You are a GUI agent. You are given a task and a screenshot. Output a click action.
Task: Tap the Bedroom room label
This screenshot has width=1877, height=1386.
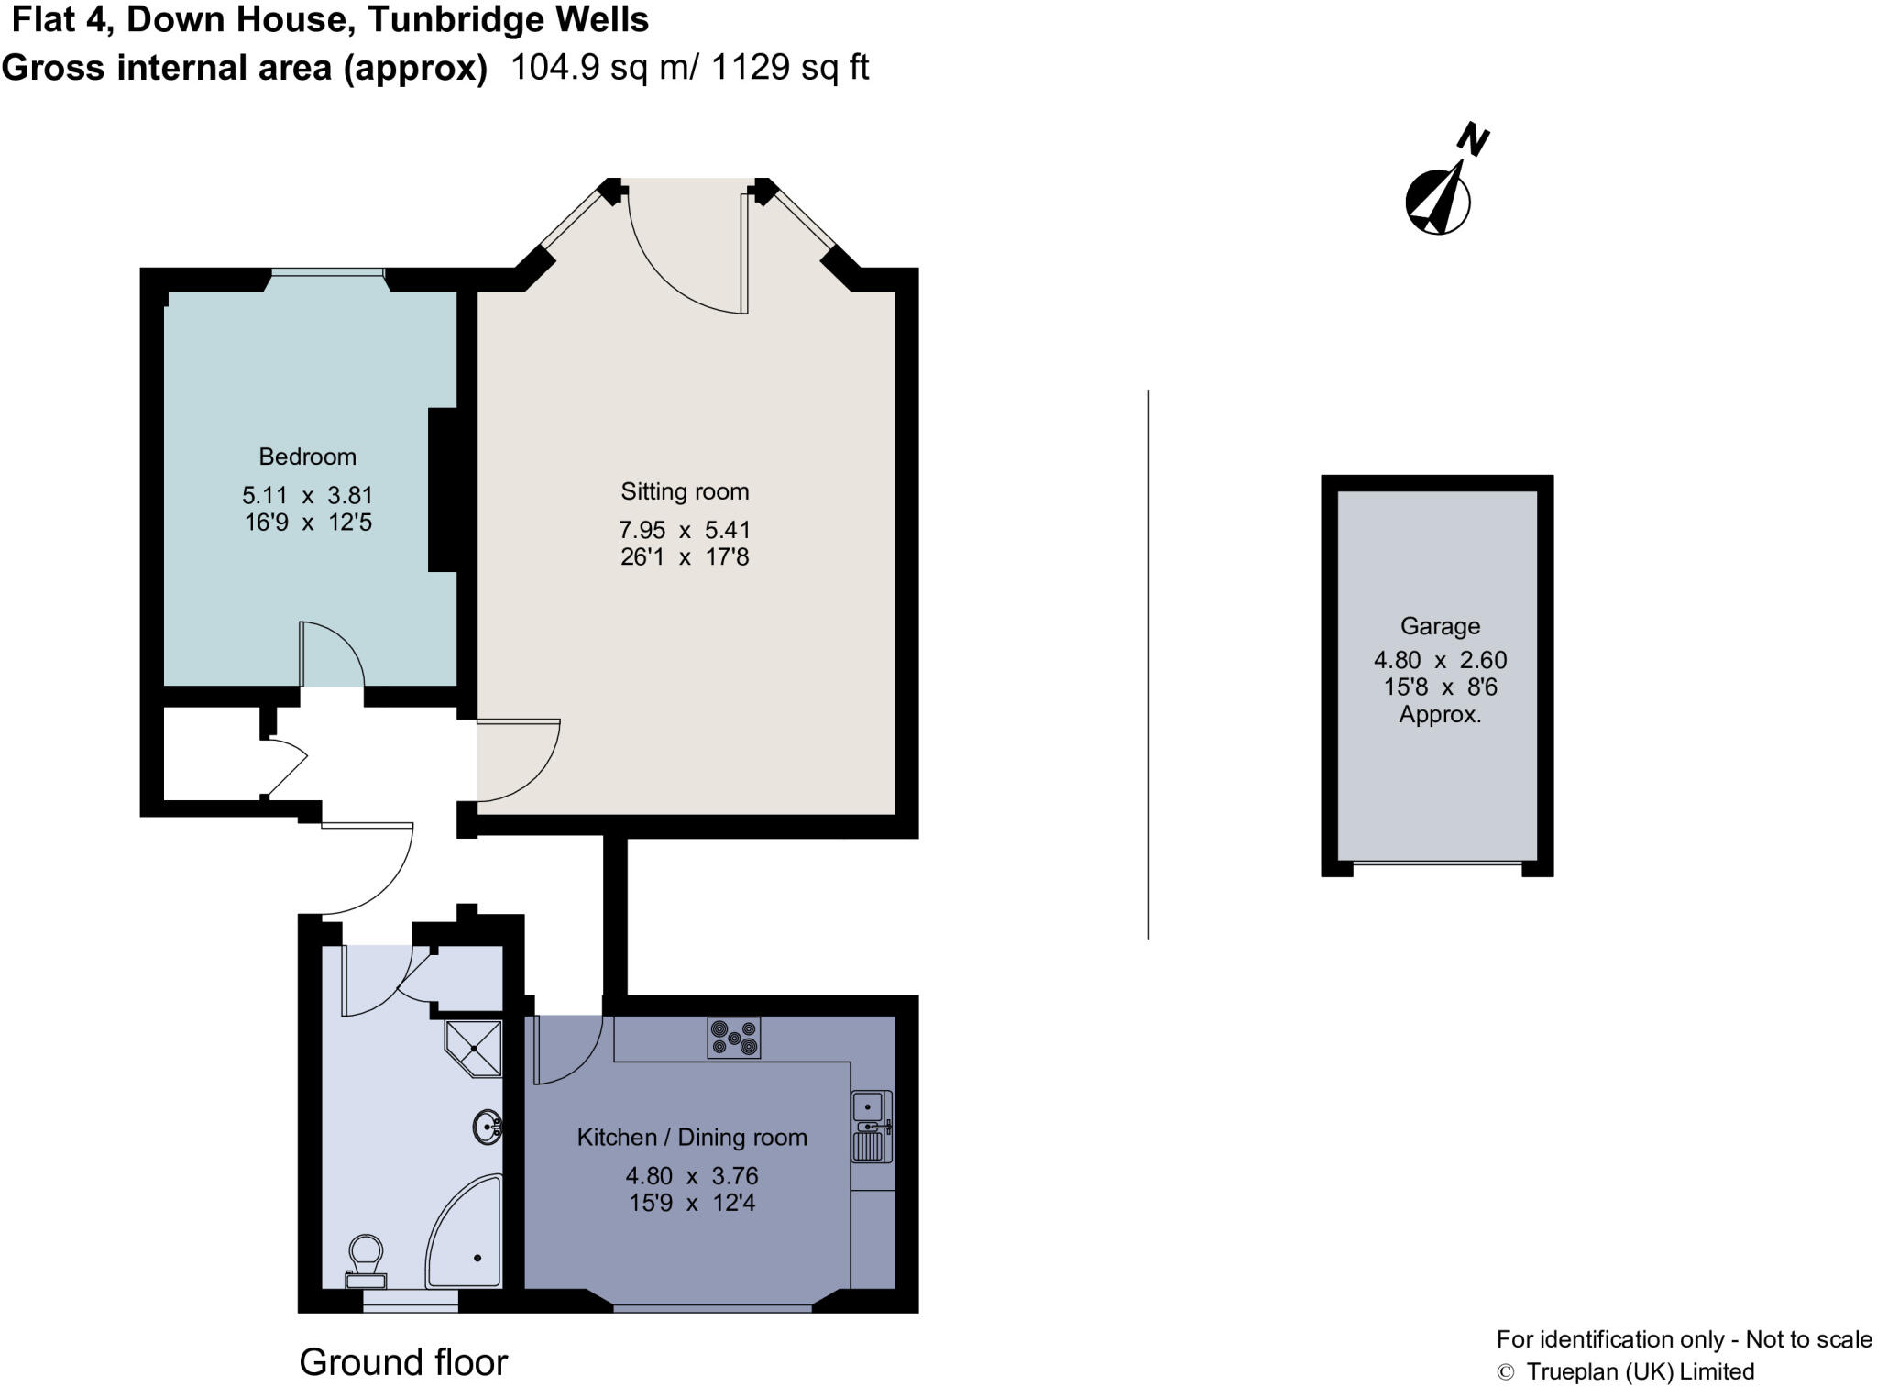tap(307, 456)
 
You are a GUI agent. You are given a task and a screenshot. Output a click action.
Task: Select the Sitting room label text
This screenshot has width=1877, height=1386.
tap(685, 491)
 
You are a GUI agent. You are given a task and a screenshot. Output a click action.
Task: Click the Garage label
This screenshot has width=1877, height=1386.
tap(1440, 626)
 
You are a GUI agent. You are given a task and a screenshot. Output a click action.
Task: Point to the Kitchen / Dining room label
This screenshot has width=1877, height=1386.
tap(692, 1138)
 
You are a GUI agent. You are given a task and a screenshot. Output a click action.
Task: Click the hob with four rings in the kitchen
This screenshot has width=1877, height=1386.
tap(733, 1038)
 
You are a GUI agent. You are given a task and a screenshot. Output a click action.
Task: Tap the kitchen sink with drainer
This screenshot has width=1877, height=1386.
tap(871, 1127)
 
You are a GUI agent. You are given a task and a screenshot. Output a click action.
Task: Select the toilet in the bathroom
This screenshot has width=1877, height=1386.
tap(366, 1260)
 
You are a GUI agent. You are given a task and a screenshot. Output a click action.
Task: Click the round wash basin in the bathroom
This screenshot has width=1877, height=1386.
tap(487, 1127)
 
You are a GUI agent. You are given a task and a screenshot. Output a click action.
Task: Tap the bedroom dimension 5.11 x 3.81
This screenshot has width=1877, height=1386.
tap(307, 496)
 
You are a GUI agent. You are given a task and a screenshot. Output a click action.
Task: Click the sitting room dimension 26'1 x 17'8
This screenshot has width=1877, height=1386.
tap(685, 557)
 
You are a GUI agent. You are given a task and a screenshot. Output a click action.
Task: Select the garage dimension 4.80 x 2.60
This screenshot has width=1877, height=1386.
tap(1440, 660)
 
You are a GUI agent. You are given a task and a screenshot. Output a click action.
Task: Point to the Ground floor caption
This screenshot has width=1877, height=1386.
tap(403, 1362)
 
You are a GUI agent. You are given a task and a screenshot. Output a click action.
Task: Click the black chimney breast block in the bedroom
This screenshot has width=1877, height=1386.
tap(444, 490)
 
